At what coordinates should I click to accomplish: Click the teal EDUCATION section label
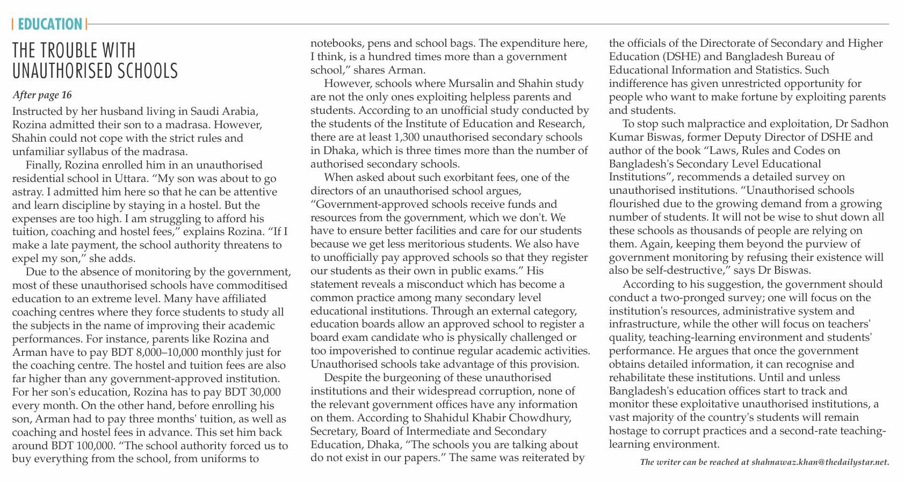coord(50,24)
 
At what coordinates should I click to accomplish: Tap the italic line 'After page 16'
coord(42,95)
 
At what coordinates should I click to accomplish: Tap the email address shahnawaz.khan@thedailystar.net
coord(820,462)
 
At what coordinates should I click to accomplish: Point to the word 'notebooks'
coord(336,43)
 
